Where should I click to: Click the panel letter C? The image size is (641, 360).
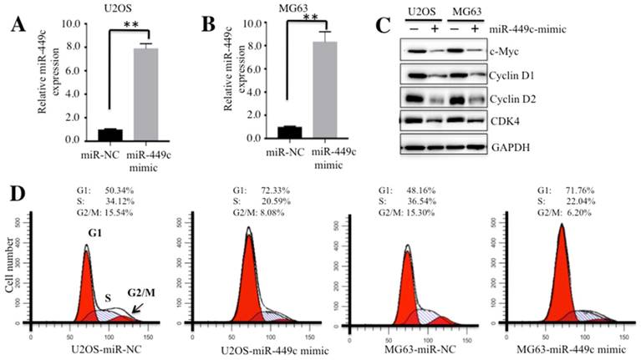click(381, 25)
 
